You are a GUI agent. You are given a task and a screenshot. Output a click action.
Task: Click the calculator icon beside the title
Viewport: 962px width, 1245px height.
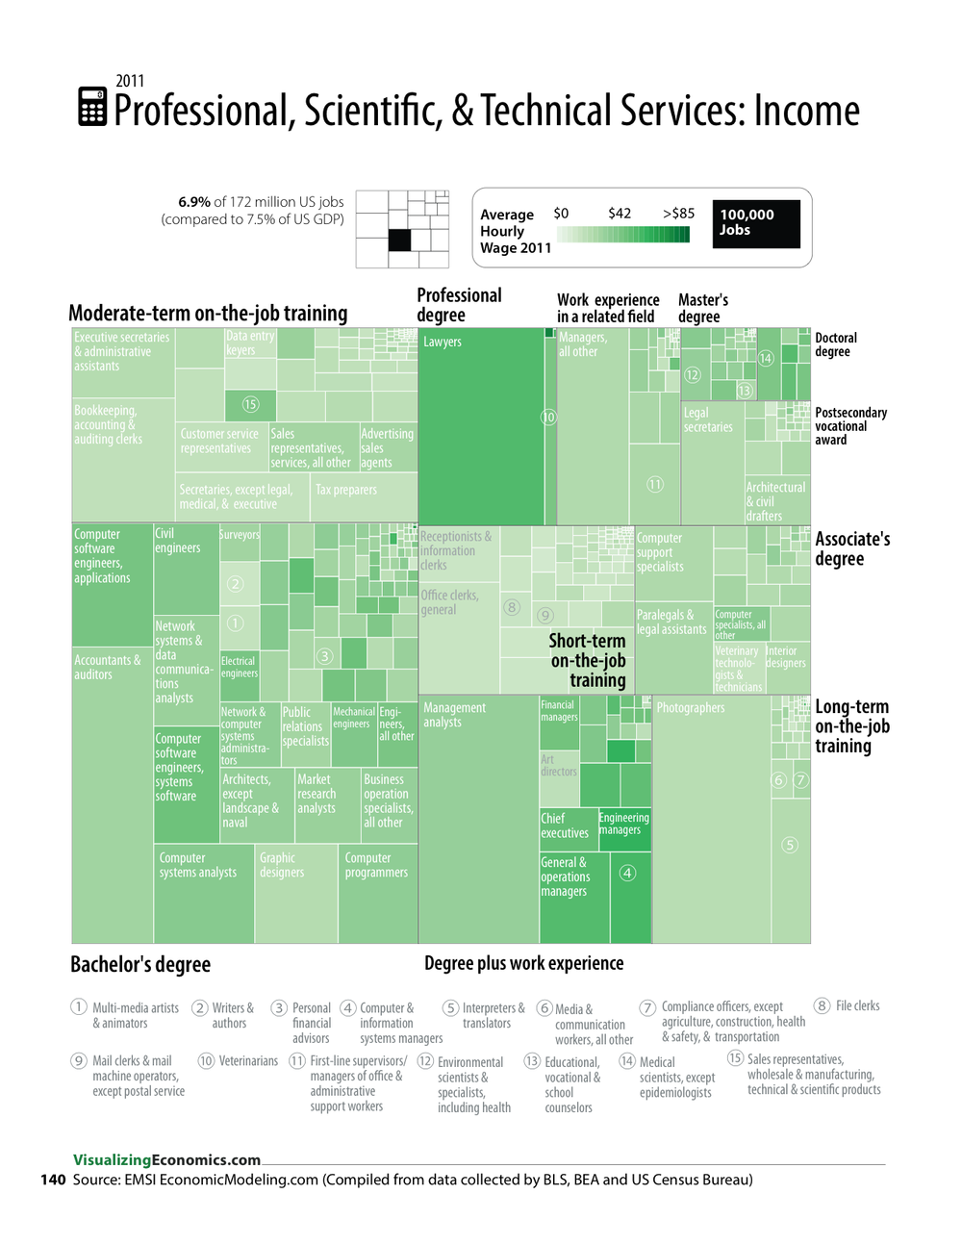[x=92, y=107]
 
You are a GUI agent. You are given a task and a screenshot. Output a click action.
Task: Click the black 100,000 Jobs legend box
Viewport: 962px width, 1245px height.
[x=756, y=223]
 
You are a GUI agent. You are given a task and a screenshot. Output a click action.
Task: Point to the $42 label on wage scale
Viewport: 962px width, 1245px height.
[x=620, y=214]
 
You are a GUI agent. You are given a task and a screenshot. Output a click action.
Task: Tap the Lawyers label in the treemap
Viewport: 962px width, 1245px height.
[x=443, y=342]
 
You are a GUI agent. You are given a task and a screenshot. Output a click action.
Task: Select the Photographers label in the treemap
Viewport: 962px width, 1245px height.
[x=691, y=708]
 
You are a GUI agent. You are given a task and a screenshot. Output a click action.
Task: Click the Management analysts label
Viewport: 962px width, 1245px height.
[x=455, y=715]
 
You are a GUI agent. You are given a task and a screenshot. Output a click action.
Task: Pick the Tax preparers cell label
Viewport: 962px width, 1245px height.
[x=346, y=490]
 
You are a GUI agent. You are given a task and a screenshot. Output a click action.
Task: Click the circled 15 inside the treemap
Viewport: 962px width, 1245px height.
[x=250, y=404]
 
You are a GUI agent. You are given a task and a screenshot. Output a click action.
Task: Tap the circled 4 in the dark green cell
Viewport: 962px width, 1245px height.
[x=627, y=873]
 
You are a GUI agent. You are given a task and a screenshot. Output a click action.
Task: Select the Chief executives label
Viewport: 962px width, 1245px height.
[x=565, y=826]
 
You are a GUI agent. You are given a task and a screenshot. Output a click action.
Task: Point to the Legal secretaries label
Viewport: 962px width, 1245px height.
[x=708, y=419]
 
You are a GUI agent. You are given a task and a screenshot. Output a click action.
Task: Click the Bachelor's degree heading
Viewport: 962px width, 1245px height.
[x=140, y=964]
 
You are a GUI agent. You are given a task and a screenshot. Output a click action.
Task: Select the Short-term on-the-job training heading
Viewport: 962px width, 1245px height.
[x=588, y=661]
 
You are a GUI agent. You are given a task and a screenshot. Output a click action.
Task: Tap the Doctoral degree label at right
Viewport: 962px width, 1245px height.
[x=835, y=344]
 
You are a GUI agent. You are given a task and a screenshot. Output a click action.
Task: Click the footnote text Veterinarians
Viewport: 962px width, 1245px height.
[x=248, y=1061]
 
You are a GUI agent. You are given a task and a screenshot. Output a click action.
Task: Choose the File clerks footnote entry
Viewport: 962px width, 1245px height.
[x=857, y=1005]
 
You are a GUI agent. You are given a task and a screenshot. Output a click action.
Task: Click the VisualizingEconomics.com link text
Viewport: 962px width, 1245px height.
[x=166, y=1159]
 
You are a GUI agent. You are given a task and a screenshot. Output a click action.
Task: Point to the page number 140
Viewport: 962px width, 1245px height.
[x=53, y=1180]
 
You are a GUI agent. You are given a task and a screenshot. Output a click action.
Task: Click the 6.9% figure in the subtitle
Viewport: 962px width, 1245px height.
[x=194, y=202]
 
